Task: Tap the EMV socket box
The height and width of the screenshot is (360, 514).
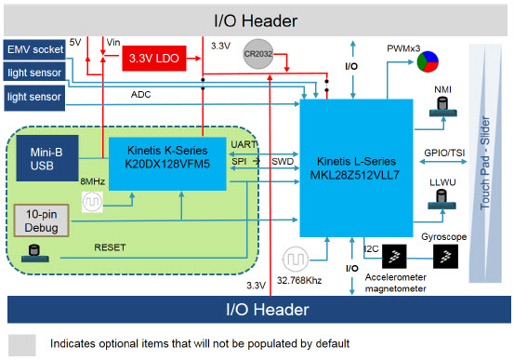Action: click(34, 49)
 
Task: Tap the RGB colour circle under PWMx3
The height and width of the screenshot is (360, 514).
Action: click(427, 62)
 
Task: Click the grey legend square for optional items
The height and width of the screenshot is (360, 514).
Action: click(22, 343)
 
